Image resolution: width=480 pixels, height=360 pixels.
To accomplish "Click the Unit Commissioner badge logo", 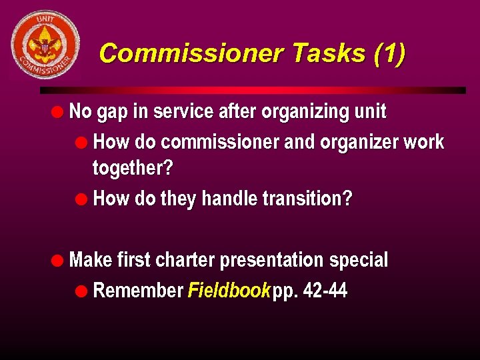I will pyautogui.click(x=45, y=44).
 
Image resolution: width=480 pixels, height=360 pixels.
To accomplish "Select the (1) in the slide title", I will pyautogui.click(x=389, y=53).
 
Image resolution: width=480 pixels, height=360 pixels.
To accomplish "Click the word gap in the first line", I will pyautogui.click(x=112, y=112).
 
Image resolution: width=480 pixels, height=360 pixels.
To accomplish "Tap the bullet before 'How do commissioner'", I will pyautogui.click(x=83, y=141).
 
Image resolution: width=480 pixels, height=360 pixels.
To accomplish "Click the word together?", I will pyautogui.click(x=132, y=168).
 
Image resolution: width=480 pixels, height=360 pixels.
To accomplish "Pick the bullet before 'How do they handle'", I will pyautogui.click(x=83, y=199).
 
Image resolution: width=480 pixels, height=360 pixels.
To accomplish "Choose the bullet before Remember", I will pyautogui.click(x=83, y=290).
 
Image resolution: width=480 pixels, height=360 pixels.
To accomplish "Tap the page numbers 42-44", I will pyautogui.click(x=325, y=291).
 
